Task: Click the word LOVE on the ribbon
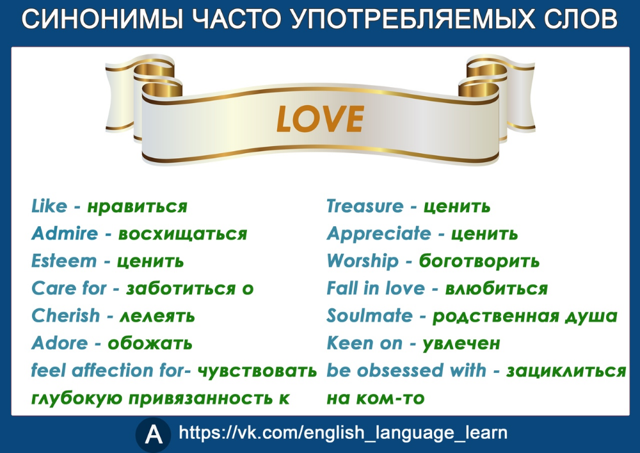(x=320, y=119)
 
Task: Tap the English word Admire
(x=65, y=234)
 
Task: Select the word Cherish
(x=66, y=316)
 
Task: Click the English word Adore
(x=60, y=343)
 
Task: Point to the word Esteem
(x=64, y=261)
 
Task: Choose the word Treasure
(x=365, y=206)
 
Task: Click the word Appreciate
(x=379, y=234)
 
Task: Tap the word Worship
(x=363, y=261)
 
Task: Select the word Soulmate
(x=370, y=316)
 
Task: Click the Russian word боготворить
(x=479, y=261)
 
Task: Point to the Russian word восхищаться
(x=182, y=235)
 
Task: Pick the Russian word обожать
(x=150, y=343)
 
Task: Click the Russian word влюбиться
(x=497, y=288)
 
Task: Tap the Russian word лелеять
(x=157, y=316)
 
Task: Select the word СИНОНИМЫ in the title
(x=102, y=19)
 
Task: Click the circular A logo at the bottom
(x=154, y=434)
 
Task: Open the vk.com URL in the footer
(x=343, y=433)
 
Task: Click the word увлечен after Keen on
(x=461, y=343)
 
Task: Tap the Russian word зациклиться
(x=566, y=371)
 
